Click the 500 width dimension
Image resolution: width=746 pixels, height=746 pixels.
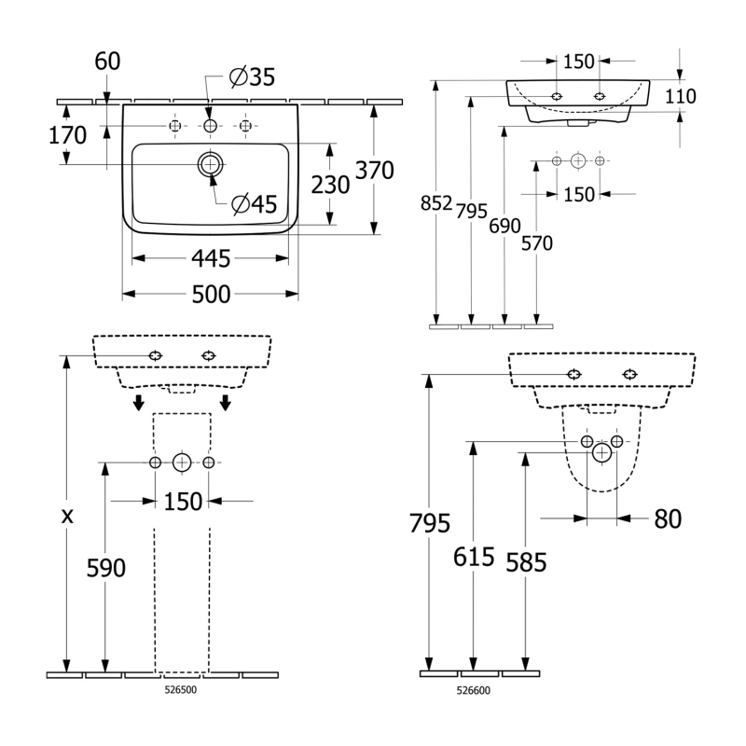211,295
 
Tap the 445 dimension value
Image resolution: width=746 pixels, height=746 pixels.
211,256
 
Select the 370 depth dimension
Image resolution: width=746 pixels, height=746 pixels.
375,170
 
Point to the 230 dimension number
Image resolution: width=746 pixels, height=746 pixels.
330,185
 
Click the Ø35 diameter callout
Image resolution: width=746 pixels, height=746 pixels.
253,78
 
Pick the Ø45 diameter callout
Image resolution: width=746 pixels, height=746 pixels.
255,204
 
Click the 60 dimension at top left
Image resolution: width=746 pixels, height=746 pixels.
108,62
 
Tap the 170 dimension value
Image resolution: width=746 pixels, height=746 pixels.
67,135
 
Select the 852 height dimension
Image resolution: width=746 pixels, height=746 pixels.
436,204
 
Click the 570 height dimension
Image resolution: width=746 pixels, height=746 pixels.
537,243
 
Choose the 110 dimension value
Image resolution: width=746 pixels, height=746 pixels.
682,96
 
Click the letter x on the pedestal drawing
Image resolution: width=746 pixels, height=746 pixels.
67,516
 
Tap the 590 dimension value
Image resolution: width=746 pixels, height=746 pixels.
105,567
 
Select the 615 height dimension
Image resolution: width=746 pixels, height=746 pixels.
474,557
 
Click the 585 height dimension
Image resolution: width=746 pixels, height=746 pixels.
525,560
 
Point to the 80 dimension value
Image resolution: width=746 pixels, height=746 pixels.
668,518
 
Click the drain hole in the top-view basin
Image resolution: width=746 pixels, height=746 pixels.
210,166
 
